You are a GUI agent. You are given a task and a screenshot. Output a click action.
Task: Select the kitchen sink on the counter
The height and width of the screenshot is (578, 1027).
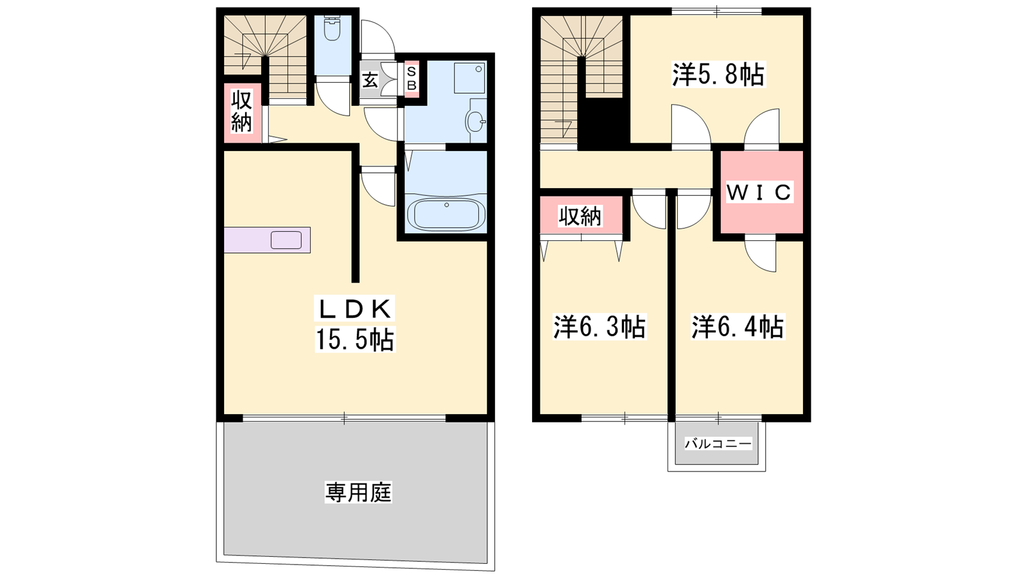286,240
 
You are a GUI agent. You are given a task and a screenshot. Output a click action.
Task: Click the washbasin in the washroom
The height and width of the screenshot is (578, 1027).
476,121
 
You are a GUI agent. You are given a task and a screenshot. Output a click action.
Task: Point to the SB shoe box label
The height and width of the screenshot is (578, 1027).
411,78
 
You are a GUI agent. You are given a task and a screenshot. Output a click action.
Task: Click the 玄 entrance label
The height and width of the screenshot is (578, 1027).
370,81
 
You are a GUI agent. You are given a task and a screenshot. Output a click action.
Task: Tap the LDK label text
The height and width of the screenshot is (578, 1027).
354,309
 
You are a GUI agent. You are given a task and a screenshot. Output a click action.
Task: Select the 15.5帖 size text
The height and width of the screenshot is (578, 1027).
354,340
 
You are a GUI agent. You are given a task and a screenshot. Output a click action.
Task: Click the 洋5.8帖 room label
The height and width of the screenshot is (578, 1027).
718,74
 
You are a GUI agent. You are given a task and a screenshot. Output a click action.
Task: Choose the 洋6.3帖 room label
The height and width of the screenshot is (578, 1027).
600,327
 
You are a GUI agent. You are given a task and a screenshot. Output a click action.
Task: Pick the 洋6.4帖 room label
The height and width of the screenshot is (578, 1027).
738,327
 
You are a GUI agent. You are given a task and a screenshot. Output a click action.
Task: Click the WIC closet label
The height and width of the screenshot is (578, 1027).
759,192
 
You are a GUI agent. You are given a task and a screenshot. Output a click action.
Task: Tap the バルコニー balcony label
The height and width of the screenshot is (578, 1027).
718,444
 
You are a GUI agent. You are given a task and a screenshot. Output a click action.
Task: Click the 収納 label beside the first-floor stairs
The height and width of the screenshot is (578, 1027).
241,112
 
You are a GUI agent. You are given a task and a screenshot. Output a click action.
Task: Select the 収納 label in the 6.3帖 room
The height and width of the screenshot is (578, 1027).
580,216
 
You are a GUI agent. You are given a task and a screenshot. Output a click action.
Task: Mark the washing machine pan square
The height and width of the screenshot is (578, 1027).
469,78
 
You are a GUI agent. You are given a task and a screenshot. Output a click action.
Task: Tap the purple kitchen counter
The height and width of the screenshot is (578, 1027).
267,240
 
